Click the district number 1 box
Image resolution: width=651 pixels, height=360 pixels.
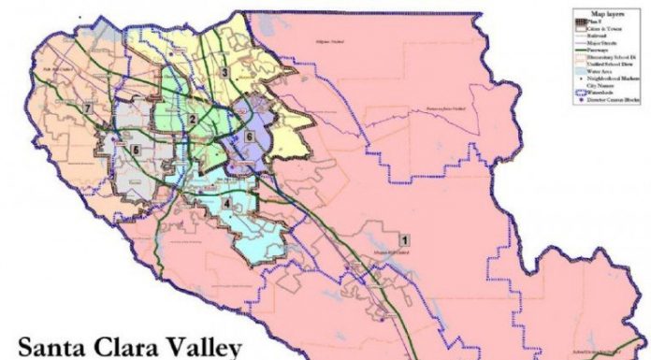click(x=403, y=239)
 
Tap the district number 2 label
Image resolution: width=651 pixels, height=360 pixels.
click(x=192, y=119)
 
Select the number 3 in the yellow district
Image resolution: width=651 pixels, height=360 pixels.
click(x=224, y=72)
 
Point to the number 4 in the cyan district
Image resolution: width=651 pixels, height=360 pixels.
click(x=226, y=204)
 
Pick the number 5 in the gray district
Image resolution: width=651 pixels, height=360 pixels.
click(x=136, y=150)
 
